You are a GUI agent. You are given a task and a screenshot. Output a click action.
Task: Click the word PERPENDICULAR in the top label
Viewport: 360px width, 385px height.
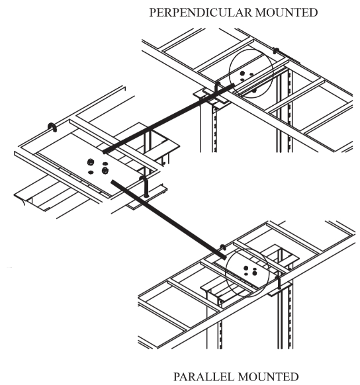(x=201, y=13)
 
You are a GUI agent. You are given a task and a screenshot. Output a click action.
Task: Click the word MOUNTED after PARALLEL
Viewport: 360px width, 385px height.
(x=268, y=377)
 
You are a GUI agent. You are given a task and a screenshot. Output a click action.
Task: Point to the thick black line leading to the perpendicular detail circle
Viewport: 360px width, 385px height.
(x=169, y=118)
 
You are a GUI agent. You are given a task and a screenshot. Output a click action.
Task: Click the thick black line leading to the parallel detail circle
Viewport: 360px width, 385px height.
(x=169, y=220)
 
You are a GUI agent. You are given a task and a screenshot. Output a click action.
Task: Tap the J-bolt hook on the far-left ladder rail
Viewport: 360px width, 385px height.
(x=52, y=127)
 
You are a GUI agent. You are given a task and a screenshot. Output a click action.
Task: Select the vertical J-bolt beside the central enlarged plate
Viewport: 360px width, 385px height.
(x=145, y=186)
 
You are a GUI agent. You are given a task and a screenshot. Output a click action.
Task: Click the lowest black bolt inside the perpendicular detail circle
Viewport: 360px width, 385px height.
(x=254, y=91)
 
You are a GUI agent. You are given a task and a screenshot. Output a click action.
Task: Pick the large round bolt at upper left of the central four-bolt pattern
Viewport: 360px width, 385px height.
(x=91, y=162)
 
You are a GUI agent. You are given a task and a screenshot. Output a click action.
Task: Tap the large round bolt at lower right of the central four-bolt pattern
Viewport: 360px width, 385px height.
(x=105, y=170)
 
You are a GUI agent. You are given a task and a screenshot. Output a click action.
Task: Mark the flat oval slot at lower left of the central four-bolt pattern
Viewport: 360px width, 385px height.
(x=91, y=173)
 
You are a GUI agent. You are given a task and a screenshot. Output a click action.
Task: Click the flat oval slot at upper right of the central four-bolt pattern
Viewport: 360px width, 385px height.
(x=105, y=163)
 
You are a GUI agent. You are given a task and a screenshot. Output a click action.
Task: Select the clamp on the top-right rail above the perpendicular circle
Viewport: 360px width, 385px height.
(x=276, y=51)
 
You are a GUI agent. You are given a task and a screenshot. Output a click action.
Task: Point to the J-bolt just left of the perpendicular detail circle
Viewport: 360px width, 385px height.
(x=217, y=89)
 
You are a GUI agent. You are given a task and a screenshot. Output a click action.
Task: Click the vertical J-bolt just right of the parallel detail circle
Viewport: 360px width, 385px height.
(x=279, y=282)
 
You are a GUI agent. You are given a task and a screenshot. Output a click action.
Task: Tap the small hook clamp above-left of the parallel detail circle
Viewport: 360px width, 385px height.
(x=223, y=247)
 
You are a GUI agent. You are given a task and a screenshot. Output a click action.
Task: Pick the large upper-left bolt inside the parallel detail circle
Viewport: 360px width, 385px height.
(x=246, y=268)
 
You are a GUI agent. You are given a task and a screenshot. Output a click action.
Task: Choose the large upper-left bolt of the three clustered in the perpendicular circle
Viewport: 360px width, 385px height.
(x=242, y=73)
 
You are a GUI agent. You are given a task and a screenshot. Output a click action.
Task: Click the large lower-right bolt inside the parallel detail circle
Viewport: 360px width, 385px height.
(x=255, y=273)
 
